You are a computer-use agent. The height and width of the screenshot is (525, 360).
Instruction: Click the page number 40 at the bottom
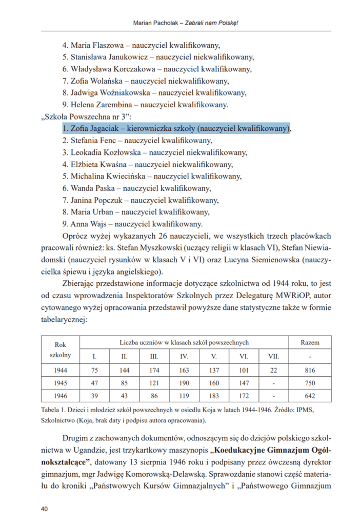click(44, 509)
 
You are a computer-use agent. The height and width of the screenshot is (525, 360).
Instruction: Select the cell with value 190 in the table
click(184, 383)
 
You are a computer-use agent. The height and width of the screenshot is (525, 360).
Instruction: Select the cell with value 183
click(214, 396)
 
